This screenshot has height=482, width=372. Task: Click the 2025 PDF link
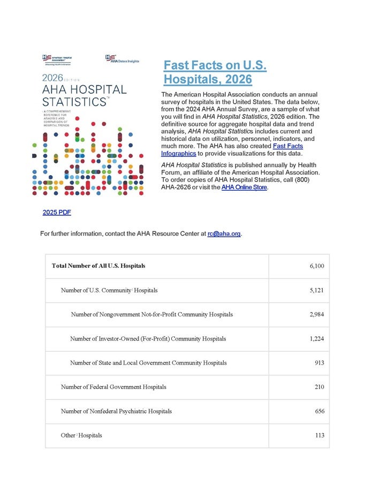(57, 213)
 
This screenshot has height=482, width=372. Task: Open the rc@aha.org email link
(224, 234)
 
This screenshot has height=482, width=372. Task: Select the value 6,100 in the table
(317, 266)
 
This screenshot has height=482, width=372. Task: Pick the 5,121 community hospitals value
(317, 290)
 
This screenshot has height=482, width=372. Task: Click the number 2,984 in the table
(317, 314)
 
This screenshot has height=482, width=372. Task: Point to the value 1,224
(317, 338)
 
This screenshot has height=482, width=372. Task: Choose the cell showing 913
(320, 363)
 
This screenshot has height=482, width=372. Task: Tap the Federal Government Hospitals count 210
(320, 387)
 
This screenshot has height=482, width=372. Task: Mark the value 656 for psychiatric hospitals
(320, 411)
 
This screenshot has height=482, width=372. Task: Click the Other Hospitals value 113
(320, 435)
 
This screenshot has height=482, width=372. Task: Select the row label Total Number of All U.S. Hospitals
(98, 266)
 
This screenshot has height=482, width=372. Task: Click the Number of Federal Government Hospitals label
(113, 387)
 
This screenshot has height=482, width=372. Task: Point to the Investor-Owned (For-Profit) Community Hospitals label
(148, 338)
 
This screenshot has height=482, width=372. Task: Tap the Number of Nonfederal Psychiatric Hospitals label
(116, 411)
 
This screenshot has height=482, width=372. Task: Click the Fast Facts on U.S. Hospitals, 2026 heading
(215, 72)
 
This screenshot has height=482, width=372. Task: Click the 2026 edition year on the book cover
(53, 77)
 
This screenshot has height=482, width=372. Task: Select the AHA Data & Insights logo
(123, 59)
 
